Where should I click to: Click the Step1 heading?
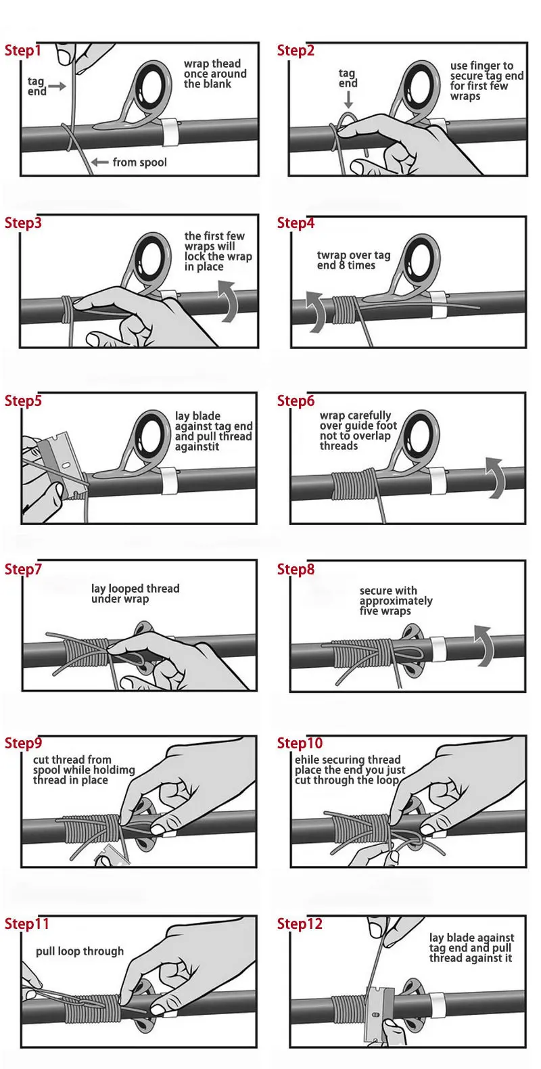tap(23, 51)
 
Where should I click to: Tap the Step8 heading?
tap(296, 569)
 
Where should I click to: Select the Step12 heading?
tap(300, 924)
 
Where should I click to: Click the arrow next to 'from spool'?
tap(99, 162)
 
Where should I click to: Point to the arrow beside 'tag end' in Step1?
tap(57, 87)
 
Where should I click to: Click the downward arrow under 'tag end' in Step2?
tap(349, 99)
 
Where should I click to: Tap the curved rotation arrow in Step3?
tap(229, 300)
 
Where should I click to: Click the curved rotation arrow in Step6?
tap(495, 478)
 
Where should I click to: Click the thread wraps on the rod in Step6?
tap(353, 486)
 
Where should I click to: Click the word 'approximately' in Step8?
tap(396, 601)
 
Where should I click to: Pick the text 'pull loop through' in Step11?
tap(80, 951)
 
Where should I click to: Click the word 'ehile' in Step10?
tap(305, 759)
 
